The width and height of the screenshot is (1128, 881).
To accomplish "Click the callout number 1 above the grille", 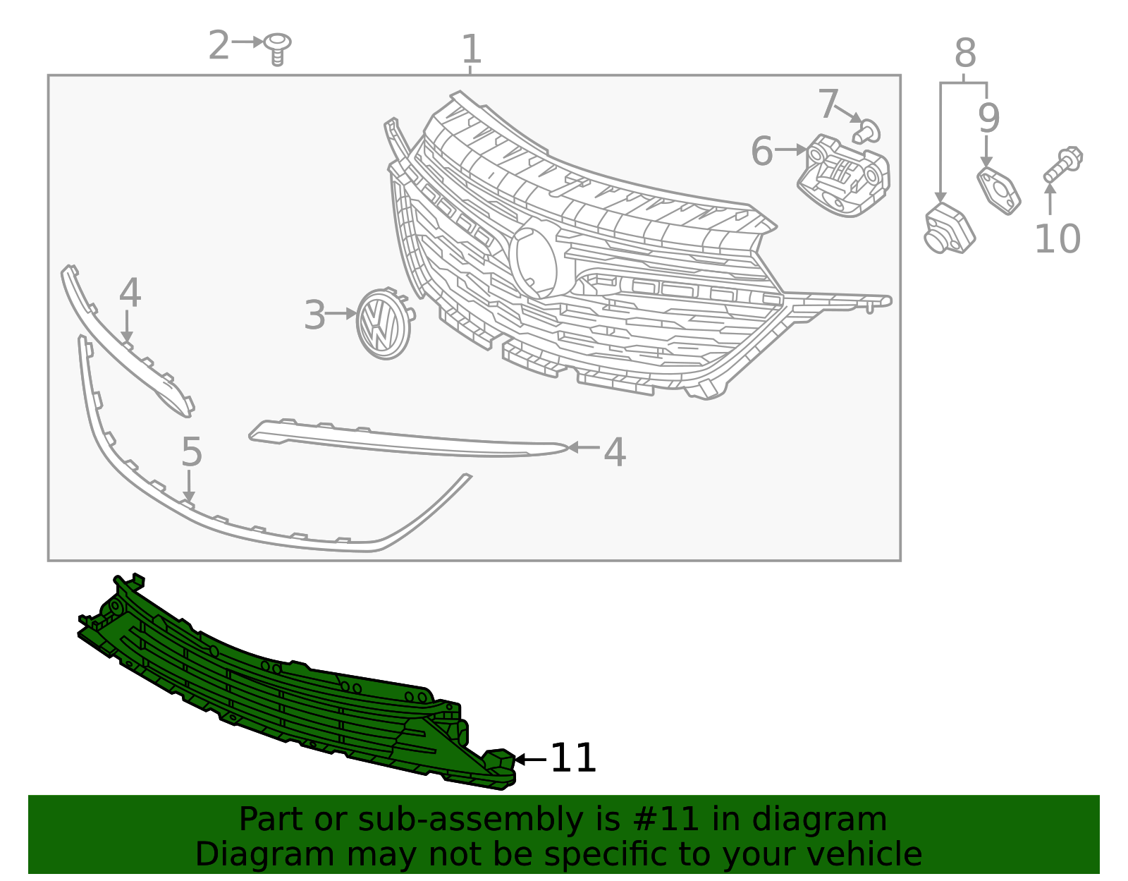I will (x=471, y=49).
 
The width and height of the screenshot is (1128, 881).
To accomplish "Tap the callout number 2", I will (x=219, y=46).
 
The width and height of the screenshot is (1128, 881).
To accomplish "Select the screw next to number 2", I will (x=278, y=48).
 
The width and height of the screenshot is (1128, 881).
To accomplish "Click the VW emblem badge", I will (x=384, y=324).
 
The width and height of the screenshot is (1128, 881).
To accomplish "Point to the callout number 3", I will (x=314, y=315).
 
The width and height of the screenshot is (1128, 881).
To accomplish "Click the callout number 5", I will (x=192, y=452).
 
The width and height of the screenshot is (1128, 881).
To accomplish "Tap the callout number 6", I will (x=761, y=151).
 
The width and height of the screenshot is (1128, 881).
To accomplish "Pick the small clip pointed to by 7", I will (x=868, y=131).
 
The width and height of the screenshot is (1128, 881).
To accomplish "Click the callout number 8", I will (x=965, y=53).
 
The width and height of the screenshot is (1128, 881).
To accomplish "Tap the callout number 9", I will (x=988, y=118).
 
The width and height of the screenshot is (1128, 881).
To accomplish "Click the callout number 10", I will (x=1057, y=239).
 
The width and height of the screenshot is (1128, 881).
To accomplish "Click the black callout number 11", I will (x=573, y=758).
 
